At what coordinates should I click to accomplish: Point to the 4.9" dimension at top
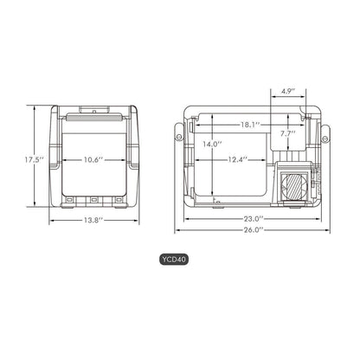tap(288, 89)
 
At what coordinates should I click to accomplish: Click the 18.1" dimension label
tap(250, 125)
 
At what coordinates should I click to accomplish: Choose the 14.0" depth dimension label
tap(212, 145)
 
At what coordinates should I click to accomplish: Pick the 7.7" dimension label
tap(288, 134)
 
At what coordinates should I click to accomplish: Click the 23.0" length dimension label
tap(253, 220)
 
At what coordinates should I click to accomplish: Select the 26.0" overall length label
tap(253, 232)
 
